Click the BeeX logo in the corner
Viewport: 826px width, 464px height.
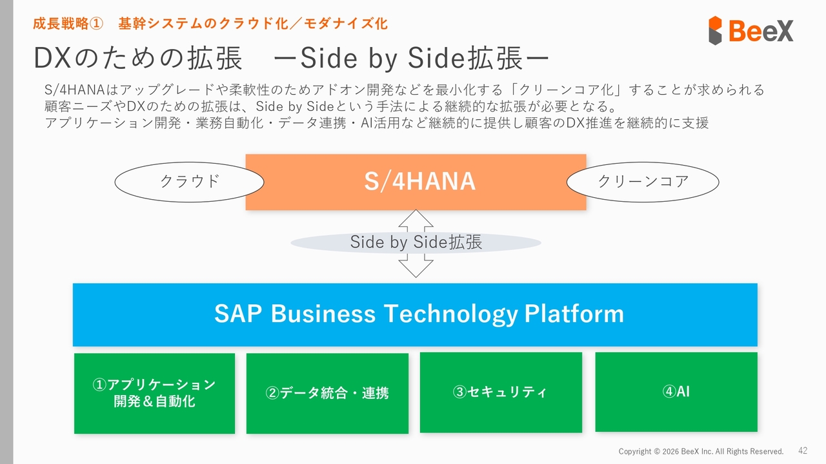pyautogui.click(x=750, y=30)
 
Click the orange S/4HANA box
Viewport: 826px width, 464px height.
pyautogui.click(x=416, y=182)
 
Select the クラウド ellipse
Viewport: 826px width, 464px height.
pyautogui.click(x=189, y=182)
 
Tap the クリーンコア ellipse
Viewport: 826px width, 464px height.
pyautogui.click(x=643, y=182)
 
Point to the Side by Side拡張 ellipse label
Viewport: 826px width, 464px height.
pyautogui.click(x=416, y=242)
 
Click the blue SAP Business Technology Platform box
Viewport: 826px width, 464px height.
pyautogui.click(x=414, y=314)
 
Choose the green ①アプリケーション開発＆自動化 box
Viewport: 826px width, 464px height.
pyautogui.click(x=154, y=393)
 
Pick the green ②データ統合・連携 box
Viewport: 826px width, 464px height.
pyautogui.click(x=327, y=393)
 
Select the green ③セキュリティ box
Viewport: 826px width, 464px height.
pyautogui.click(x=500, y=392)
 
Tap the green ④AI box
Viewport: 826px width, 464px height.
pyautogui.click(x=676, y=391)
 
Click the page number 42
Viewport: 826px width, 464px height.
pyautogui.click(x=803, y=450)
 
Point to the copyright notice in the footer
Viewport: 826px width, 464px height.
pyautogui.click(x=701, y=451)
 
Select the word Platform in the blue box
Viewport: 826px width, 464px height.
pyautogui.click(x=574, y=314)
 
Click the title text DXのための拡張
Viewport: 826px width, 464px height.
pyautogui.click(x=137, y=59)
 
